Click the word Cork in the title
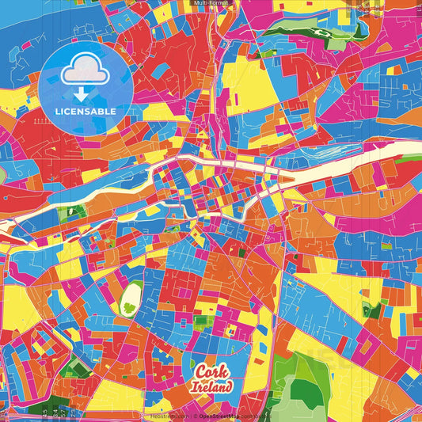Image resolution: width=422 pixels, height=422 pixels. click(x=209, y=372)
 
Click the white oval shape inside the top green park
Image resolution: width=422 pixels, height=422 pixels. click(x=323, y=33)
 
